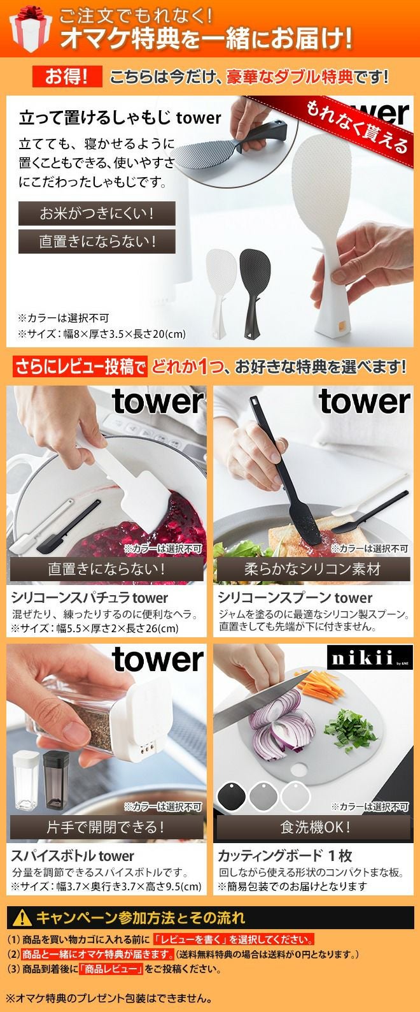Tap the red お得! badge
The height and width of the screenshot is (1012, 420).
pyautogui.click(x=67, y=76)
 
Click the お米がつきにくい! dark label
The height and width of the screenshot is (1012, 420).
pyautogui.click(x=97, y=213)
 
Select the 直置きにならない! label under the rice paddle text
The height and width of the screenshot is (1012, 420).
pyautogui.click(x=97, y=242)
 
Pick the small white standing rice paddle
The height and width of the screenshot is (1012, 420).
pyautogui.click(x=221, y=293)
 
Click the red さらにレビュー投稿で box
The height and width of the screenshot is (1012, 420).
pyautogui.click(x=80, y=367)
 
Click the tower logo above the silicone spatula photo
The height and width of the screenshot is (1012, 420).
pyautogui.click(x=157, y=401)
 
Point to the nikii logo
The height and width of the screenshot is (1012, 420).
pyautogui.click(x=370, y=657)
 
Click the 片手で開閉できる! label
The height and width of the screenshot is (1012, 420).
pyautogui.click(x=106, y=827)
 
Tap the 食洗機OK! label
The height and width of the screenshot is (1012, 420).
pyautogui.click(x=314, y=827)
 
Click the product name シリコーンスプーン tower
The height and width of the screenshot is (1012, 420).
pyautogui.click(x=295, y=598)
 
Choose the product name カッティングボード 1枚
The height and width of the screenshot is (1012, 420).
pyautogui.click(x=285, y=856)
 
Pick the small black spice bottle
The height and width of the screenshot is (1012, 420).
pyautogui.click(x=56, y=779)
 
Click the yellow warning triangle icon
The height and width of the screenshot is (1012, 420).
pyautogui.click(x=22, y=918)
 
